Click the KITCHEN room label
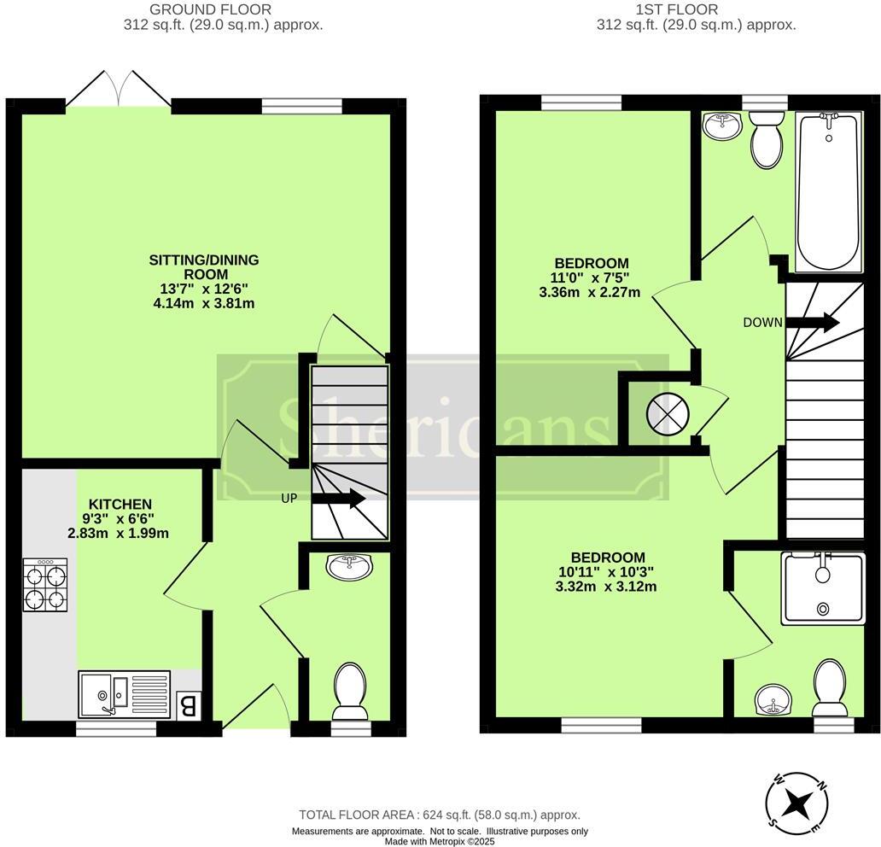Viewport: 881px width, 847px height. [121, 505]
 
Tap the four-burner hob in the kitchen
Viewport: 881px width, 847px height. [45, 586]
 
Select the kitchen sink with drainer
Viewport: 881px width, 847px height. [125, 693]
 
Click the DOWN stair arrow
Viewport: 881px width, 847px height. [812, 323]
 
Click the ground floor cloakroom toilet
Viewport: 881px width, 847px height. [348, 691]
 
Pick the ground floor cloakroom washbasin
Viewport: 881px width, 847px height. [348, 565]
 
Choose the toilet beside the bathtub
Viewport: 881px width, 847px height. [766, 141]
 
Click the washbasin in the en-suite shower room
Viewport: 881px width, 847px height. [774, 701]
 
